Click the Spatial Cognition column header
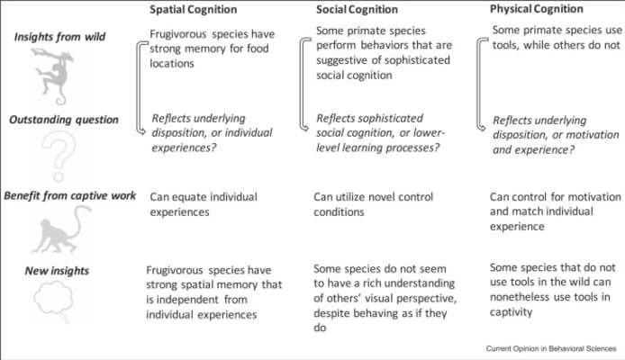click(195, 9)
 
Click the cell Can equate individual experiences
click(203, 203)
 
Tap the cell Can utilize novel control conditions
click(373, 203)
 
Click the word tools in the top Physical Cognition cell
click(507, 46)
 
